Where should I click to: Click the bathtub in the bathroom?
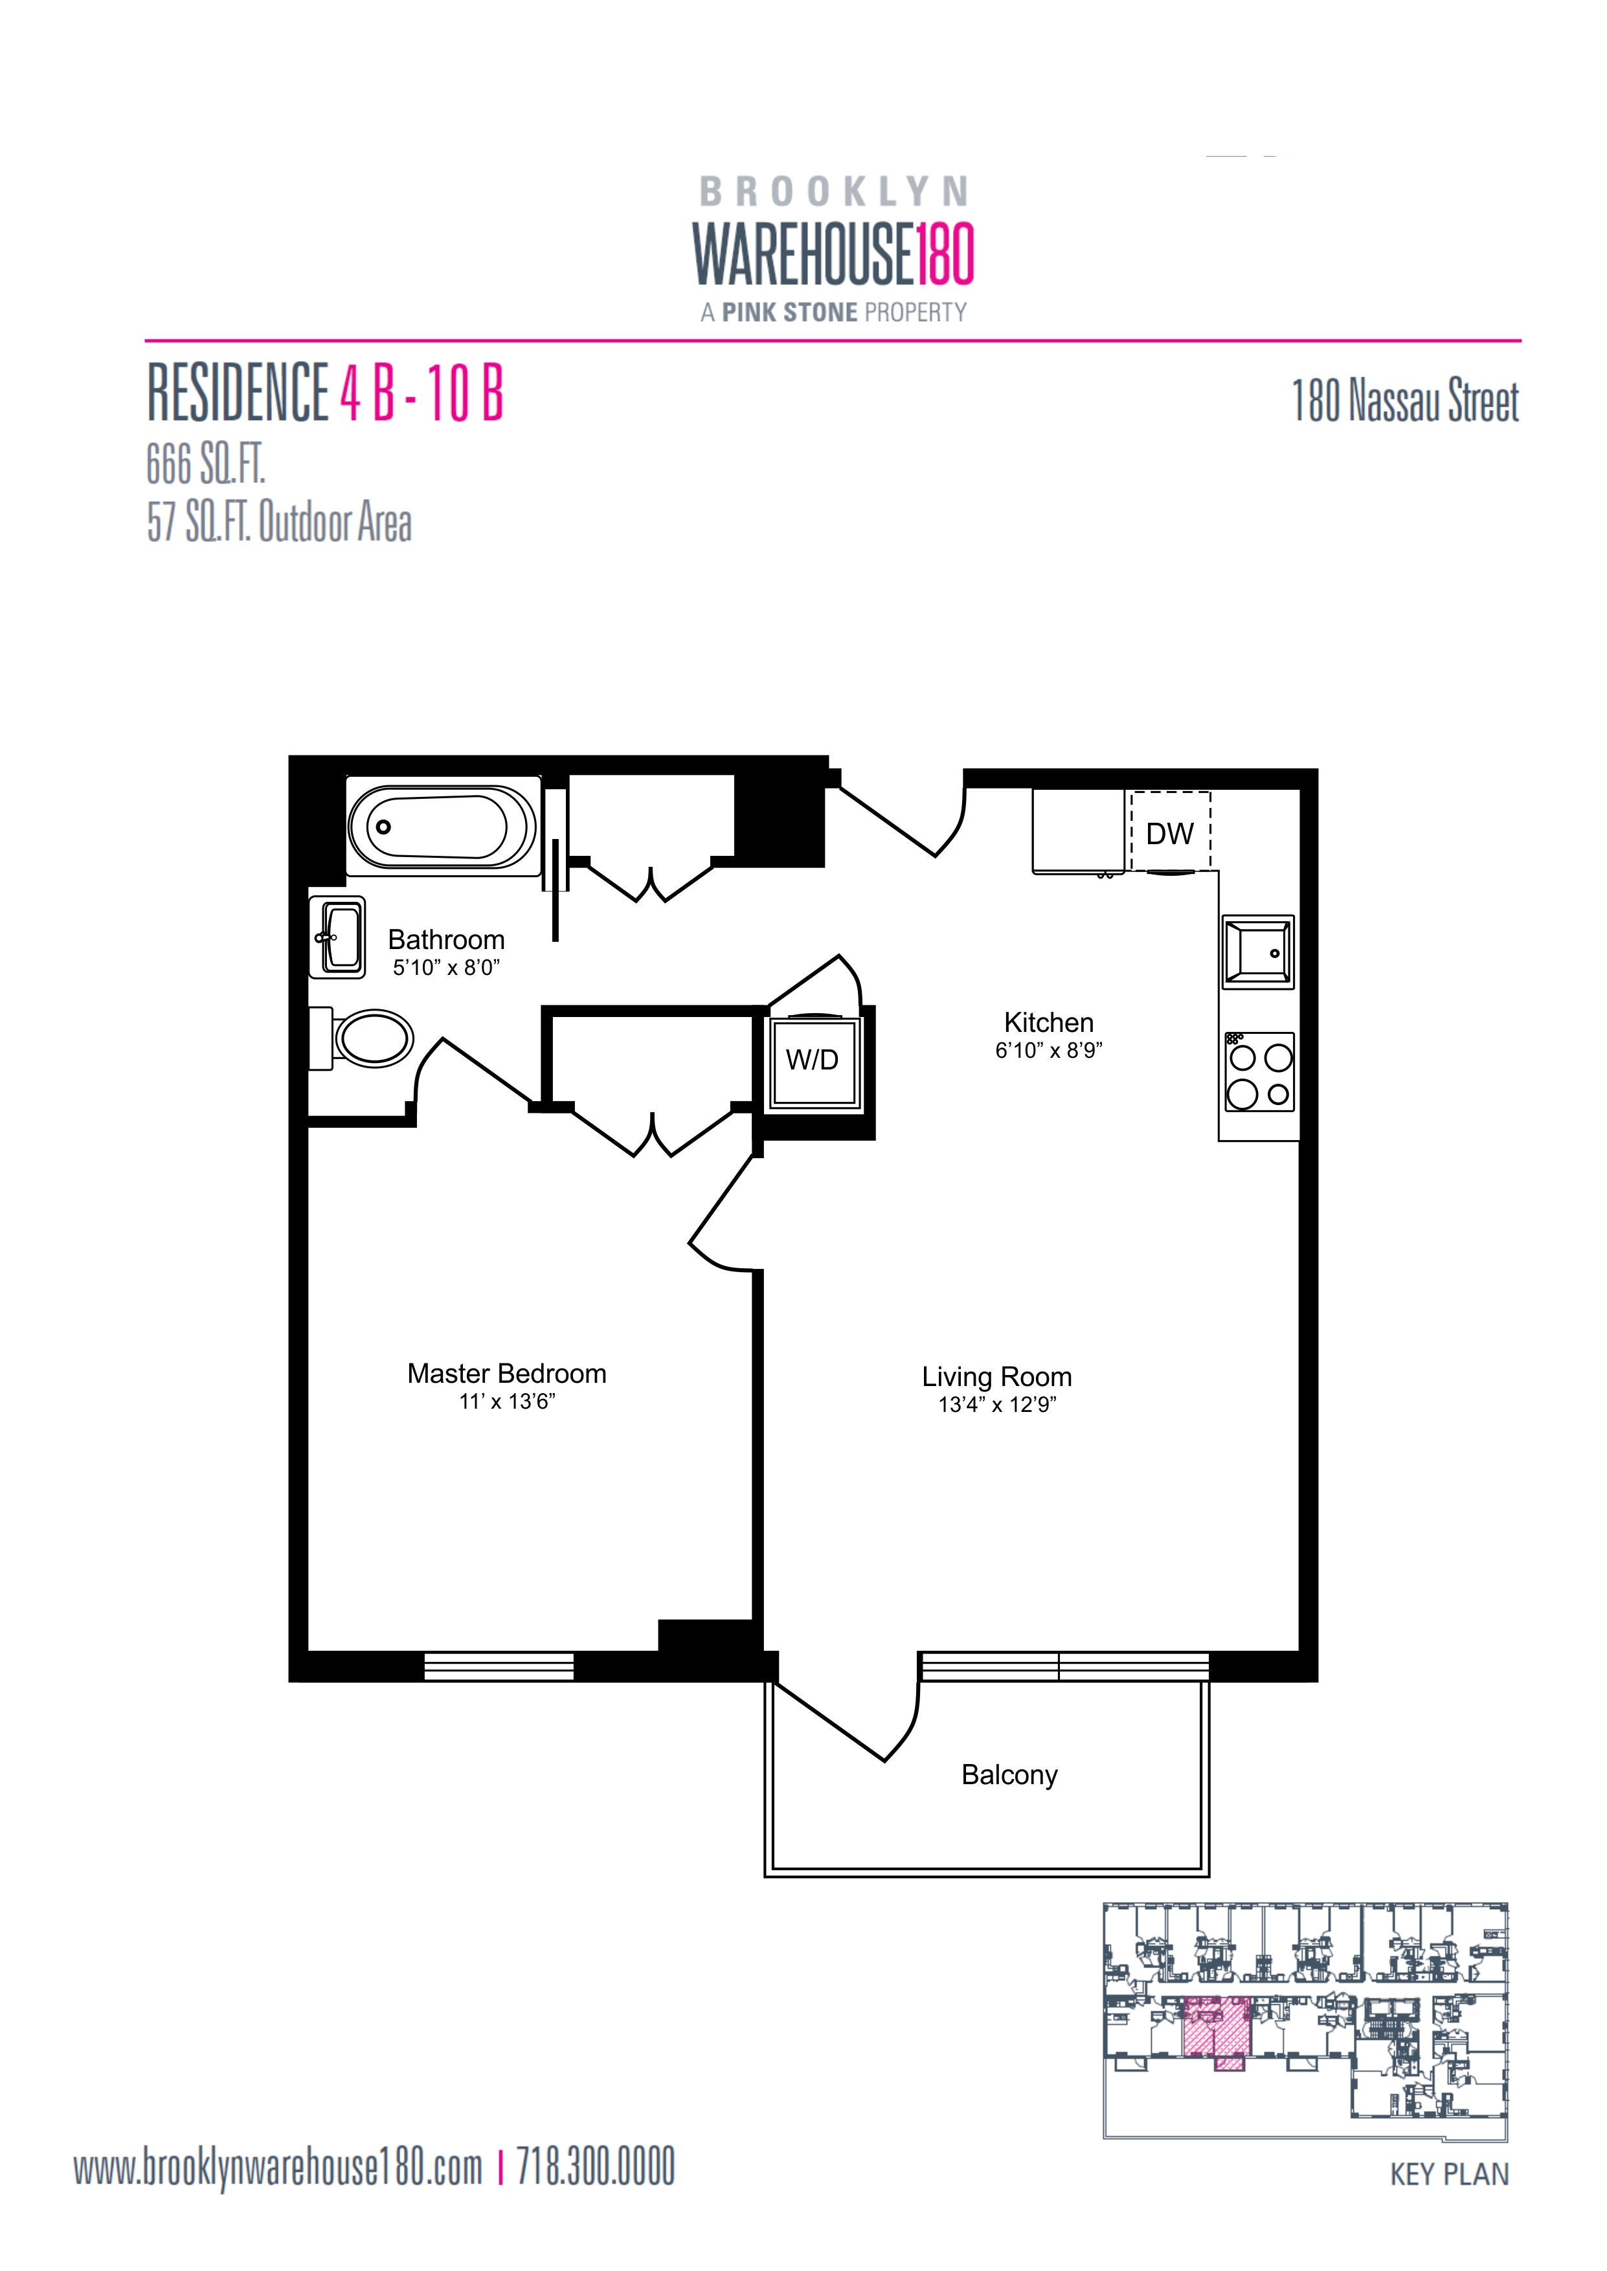pyautogui.click(x=442, y=826)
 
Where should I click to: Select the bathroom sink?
pyautogui.click(x=337, y=935)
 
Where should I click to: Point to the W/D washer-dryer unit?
pyautogui.click(x=813, y=1060)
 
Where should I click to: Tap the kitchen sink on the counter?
pyautogui.click(x=1258, y=952)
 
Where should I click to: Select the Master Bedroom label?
pyautogui.click(x=507, y=1374)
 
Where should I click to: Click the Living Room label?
pyautogui.click(x=996, y=1377)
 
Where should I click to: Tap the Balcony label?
pyautogui.click(x=1009, y=1774)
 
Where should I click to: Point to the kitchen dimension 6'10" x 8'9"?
pyautogui.click(x=1049, y=1051)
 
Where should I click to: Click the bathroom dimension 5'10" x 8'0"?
pyautogui.click(x=446, y=967)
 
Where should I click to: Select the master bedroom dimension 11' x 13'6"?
pyautogui.click(x=507, y=1402)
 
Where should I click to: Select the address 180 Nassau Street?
pyautogui.click(x=1405, y=401)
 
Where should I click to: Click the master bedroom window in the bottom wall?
pyautogui.click(x=499, y=1666)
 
